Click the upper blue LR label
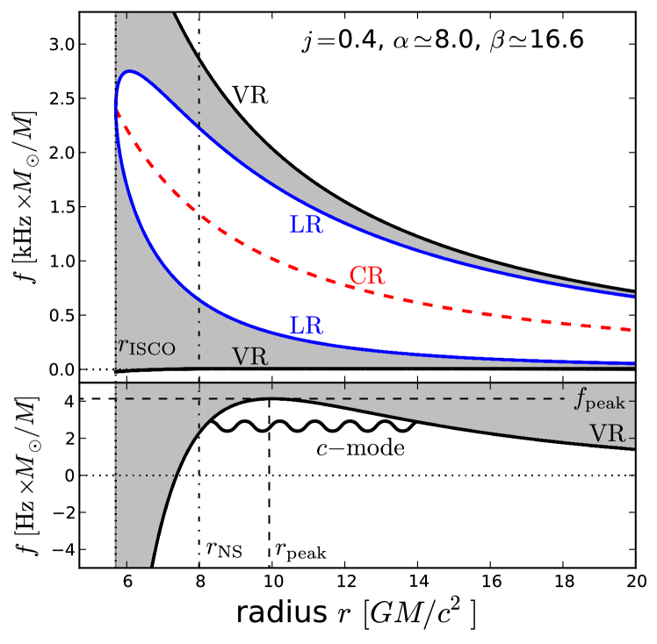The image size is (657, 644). click(x=306, y=225)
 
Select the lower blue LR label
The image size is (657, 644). click(x=306, y=326)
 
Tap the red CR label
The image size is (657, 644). click(x=367, y=275)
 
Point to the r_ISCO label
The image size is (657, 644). click(x=147, y=347)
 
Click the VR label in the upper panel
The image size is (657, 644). click(x=249, y=357)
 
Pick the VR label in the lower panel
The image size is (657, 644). click(x=607, y=433)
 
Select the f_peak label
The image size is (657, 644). click(x=600, y=402)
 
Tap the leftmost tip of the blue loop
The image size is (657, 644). click(x=116, y=109)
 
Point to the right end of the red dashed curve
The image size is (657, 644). click(x=633, y=329)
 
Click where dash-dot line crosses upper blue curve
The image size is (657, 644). click(x=199, y=128)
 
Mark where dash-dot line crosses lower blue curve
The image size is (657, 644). click(x=199, y=309)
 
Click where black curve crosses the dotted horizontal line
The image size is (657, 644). click(x=177, y=475)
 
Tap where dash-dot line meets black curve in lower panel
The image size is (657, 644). click(x=199, y=429)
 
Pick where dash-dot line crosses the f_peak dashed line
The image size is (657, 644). click(x=199, y=398)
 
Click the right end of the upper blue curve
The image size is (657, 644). click(x=633, y=296)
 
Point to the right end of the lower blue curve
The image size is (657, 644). click(x=633, y=362)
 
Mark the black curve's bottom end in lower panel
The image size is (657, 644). click(x=152, y=566)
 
